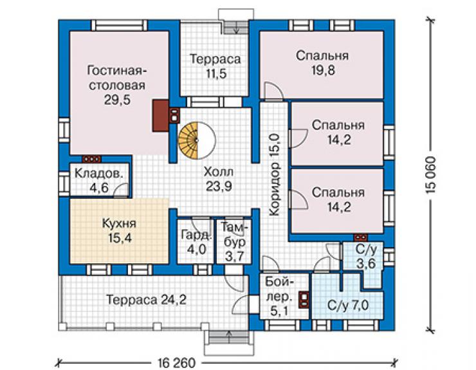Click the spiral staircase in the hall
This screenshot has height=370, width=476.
[197, 140]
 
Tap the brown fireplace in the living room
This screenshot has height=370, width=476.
[161, 116]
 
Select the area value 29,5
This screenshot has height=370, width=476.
[117, 100]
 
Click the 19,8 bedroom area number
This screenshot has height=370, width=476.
[323, 70]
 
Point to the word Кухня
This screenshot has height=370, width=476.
[119, 223]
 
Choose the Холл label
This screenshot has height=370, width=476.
[219, 172]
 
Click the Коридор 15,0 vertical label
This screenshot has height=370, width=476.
[275, 176]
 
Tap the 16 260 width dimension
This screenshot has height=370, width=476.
[176, 363]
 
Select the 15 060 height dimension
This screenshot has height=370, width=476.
[431, 176]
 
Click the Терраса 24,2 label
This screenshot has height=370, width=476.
[146, 300]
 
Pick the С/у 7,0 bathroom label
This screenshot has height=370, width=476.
[348, 305]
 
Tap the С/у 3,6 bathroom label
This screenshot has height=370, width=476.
[366, 256]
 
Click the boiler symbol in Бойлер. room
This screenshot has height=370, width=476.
[304, 300]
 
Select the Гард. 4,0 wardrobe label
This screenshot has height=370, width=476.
[196, 242]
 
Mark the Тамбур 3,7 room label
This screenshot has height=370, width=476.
[234, 242]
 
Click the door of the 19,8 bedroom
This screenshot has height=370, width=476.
[273, 91]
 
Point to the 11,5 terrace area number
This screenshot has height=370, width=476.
[216, 73]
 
